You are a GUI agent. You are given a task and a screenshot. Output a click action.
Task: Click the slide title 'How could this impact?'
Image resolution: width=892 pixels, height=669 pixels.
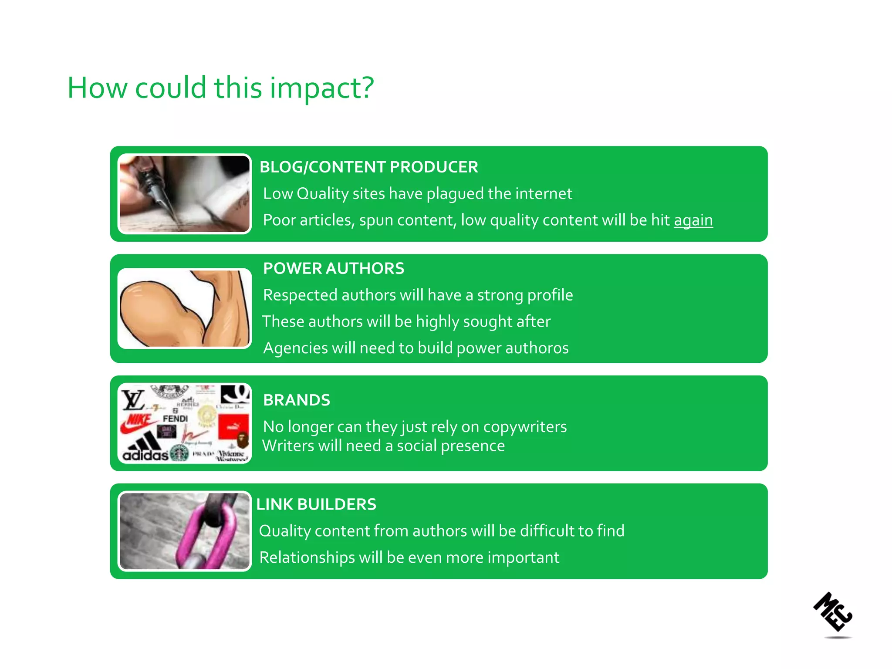coord(220,88)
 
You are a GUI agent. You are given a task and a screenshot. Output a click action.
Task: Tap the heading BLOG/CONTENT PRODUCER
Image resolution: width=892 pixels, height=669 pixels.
coord(368,167)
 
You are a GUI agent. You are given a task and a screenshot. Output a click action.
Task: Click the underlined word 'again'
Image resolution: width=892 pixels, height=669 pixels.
coord(693,220)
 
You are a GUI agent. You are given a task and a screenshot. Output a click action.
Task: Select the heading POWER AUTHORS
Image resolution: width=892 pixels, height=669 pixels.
coord(334,268)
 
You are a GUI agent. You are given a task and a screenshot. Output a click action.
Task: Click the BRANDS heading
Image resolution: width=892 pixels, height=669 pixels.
coord(297,400)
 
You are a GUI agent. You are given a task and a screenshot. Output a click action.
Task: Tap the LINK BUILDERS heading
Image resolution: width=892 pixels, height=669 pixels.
coord(316,504)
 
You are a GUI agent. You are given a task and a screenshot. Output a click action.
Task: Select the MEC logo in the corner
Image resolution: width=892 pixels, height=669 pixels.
coord(833,612)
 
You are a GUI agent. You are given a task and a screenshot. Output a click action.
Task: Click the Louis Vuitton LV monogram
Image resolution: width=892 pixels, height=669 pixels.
coord(132,399)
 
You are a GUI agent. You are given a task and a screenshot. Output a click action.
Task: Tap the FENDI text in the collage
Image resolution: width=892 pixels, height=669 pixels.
coord(175,419)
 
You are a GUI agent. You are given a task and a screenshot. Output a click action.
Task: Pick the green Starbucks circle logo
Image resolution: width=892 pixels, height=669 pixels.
coord(179,453)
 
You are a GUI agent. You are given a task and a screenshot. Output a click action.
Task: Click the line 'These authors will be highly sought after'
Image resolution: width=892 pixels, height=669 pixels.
coord(406,322)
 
